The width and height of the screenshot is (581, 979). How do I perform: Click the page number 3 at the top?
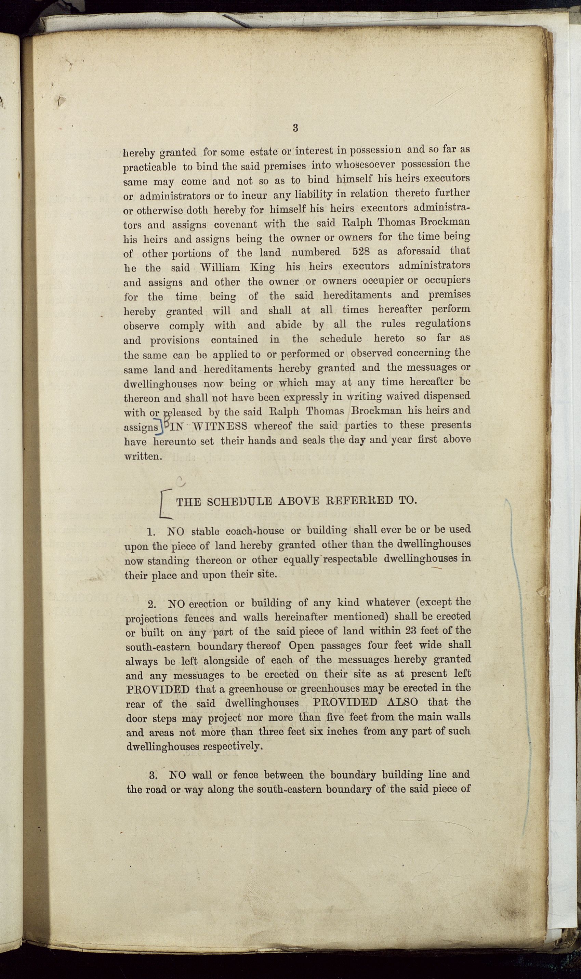[x=295, y=128]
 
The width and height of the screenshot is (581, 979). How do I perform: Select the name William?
[x=220, y=267]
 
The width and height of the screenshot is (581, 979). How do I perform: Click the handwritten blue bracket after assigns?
[x=161, y=427]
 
